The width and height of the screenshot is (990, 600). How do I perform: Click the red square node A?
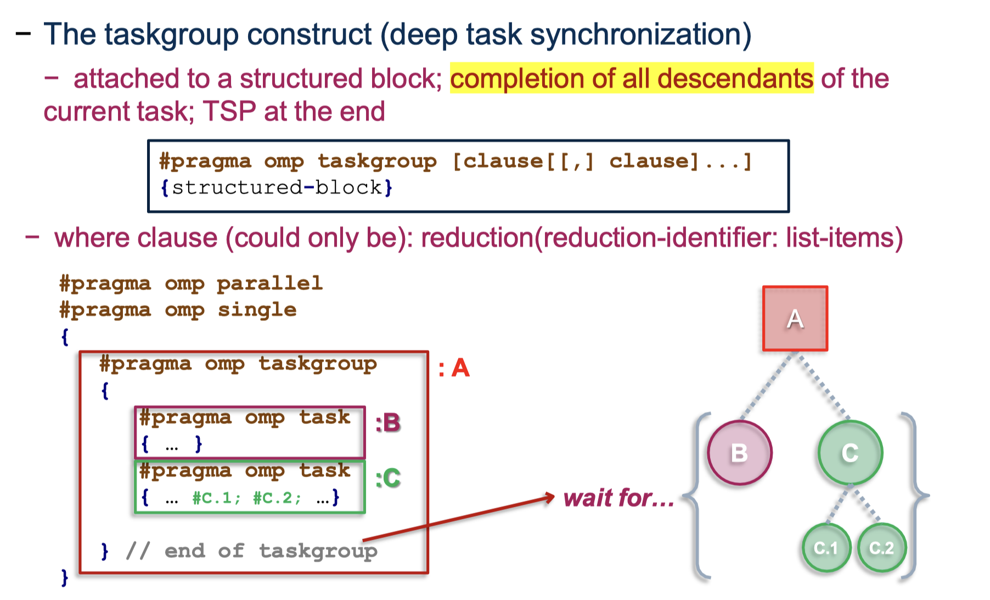pos(795,319)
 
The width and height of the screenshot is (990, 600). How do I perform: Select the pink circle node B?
pos(739,453)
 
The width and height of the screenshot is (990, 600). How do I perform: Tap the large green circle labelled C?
pos(850,453)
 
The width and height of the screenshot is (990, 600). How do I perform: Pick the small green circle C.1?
pos(826,547)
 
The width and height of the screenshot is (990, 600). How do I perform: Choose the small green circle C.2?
pos(881,547)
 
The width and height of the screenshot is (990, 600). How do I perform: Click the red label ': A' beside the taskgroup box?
pos(454,368)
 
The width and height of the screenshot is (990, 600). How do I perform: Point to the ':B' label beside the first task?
pos(388,423)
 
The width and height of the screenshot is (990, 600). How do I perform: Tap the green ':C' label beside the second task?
pos(388,478)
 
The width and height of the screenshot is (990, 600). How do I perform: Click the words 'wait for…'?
pos(618,498)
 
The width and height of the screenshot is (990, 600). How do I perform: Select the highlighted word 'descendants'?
pos(735,78)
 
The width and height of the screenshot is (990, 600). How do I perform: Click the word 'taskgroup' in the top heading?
pos(172,35)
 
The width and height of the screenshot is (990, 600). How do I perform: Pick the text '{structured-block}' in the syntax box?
pos(277,188)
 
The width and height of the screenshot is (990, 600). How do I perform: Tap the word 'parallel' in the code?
pos(269,284)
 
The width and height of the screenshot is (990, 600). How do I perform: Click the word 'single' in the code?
pos(257,310)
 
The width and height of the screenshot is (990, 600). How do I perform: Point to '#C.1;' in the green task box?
pos(216,498)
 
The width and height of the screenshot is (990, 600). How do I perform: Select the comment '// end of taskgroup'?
pos(252,551)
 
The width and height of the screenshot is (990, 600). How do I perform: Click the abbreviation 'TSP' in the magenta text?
pos(229,111)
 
